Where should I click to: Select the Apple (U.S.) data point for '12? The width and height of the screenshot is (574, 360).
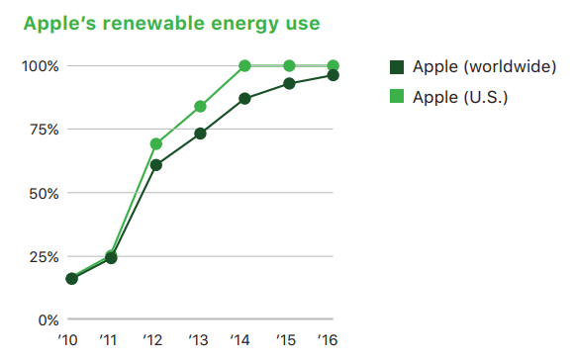[156, 144]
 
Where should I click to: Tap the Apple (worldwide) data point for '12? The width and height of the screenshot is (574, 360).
[156, 165]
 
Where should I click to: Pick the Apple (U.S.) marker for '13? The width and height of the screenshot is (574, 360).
[201, 106]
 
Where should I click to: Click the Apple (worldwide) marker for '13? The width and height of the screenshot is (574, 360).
[201, 134]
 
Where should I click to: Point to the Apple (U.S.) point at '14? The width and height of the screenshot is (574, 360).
[245, 66]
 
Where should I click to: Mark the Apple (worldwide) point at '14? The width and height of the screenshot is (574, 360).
[245, 99]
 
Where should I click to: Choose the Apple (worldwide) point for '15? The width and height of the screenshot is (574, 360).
[289, 83]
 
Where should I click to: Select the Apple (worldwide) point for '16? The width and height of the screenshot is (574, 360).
[334, 75]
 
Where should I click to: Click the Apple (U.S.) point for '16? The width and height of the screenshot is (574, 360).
[334, 66]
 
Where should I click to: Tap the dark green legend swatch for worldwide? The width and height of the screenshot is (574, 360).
[397, 66]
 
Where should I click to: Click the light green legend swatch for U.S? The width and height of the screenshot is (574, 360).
[397, 96]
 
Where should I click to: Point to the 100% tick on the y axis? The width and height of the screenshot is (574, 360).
[41, 66]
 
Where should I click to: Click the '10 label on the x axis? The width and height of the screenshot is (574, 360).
[69, 340]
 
